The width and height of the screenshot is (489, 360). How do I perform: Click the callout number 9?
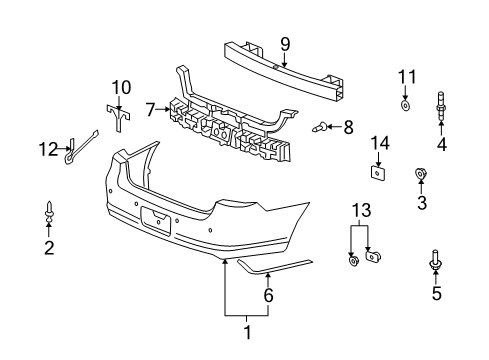[285, 43]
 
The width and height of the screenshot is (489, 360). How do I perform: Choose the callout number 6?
[268, 295]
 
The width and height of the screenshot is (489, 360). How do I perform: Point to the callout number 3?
[421, 206]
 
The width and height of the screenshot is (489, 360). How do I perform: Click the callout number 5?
[436, 293]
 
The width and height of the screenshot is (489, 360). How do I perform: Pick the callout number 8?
[348, 127]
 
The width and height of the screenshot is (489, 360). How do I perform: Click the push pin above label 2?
[49, 212]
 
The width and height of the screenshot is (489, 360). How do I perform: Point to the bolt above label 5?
[436, 259]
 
